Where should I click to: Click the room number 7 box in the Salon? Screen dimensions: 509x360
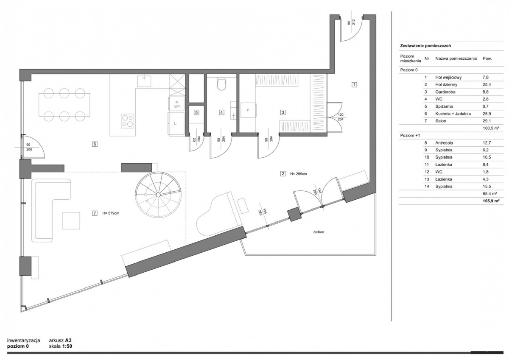(95, 213)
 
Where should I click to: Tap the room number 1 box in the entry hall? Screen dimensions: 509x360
(354, 85)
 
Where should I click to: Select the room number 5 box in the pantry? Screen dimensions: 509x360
(196, 112)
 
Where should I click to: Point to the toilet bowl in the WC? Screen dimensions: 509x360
(221, 84)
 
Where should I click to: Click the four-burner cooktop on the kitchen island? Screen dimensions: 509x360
(128, 121)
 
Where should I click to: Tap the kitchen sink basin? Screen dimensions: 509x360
(144, 81)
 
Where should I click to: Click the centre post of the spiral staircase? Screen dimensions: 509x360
(158, 195)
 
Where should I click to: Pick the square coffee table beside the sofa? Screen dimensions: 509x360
(71, 220)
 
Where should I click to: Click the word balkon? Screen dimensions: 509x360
(319, 232)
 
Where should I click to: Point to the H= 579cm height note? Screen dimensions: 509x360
(111, 213)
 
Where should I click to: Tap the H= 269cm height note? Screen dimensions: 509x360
(298, 174)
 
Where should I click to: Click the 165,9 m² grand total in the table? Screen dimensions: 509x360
(491, 201)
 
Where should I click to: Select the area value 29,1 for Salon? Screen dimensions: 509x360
(486, 121)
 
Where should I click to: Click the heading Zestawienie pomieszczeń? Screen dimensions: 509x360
(425, 46)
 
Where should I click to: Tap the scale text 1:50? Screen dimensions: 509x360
(67, 346)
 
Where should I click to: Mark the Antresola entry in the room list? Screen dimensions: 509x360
(444, 143)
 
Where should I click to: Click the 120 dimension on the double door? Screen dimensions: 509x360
(341, 115)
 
